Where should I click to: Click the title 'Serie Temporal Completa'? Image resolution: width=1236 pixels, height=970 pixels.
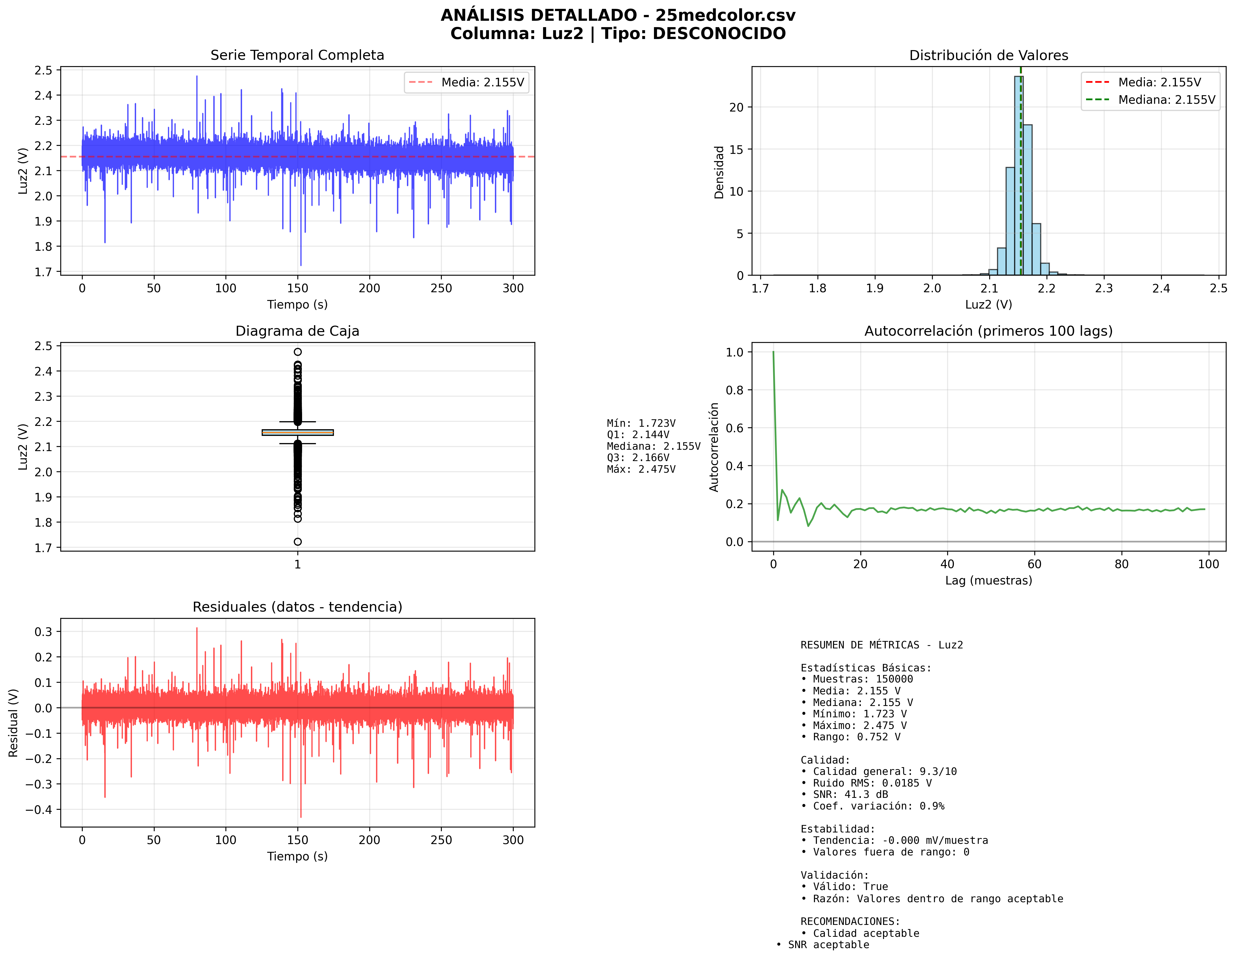pos(297,55)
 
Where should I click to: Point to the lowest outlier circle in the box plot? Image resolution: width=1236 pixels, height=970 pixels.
pos(297,542)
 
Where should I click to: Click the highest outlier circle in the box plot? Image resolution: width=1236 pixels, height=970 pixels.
pos(297,352)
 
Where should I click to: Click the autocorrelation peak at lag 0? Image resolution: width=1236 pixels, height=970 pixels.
pos(773,353)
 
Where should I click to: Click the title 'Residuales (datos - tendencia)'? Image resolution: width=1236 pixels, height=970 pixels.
pos(297,607)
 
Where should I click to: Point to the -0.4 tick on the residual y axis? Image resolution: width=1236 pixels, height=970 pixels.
pos(39,810)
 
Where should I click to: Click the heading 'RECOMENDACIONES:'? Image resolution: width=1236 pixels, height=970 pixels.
pos(850,921)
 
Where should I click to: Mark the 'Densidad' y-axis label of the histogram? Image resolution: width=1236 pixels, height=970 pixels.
pos(719,172)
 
